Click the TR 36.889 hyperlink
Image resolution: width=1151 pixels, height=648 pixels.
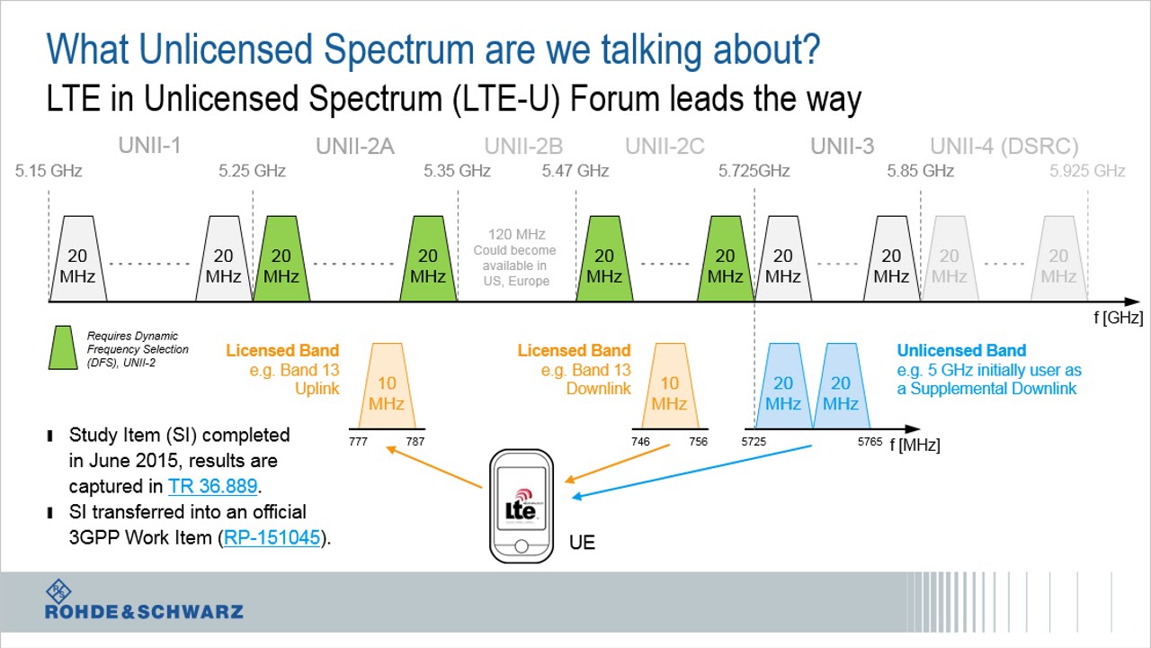[212, 487]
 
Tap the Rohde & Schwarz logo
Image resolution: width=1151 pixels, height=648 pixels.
[144, 600]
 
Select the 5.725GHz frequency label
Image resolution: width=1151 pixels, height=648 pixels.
[754, 171]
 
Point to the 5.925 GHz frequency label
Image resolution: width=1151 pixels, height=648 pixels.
[1087, 171]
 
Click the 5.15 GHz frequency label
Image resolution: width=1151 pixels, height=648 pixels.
[49, 171]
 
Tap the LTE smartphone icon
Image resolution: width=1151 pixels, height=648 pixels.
[521, 507]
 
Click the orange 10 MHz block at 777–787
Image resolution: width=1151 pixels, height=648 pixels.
[387, 387]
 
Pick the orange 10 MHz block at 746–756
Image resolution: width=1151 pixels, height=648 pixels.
[669, 387]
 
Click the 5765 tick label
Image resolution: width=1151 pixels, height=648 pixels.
[870, 442]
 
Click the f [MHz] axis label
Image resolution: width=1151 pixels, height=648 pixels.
[915, 445]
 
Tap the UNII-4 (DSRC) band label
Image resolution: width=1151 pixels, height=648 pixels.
[1004, 147]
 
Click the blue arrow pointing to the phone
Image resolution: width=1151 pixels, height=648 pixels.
[692, 471]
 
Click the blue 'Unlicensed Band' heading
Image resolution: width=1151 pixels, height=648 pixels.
[960, 351]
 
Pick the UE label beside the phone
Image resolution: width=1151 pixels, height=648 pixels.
[582, 543]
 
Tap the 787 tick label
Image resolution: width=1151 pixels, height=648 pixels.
[415, 442]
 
